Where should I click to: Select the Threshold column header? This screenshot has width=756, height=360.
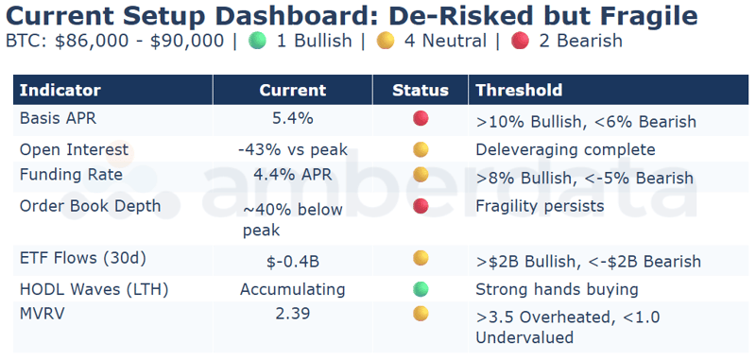click(x=519, y=91)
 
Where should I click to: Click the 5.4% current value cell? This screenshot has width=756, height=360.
click(x=292, y=118)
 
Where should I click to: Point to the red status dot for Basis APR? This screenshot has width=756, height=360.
click(x=421, y=118)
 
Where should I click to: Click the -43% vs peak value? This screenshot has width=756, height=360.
click(x=292, y=149)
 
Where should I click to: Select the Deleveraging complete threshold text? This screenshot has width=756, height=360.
click(x=565, y=149)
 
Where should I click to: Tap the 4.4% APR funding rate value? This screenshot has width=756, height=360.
click(x=292, y=175)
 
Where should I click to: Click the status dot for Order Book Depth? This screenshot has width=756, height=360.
click(x=421, y=205)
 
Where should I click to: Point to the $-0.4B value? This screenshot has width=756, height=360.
click(x=292, y=261)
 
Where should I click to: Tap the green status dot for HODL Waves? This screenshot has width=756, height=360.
click(x=421, y=288)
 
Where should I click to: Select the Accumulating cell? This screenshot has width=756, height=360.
click(x=292, y=289)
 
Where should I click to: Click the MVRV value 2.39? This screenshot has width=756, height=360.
click(x=292, y=314)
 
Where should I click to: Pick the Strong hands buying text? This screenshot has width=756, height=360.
click(x=557, y=289)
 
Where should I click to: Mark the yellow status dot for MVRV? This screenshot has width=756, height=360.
click(x=421, y=314)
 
